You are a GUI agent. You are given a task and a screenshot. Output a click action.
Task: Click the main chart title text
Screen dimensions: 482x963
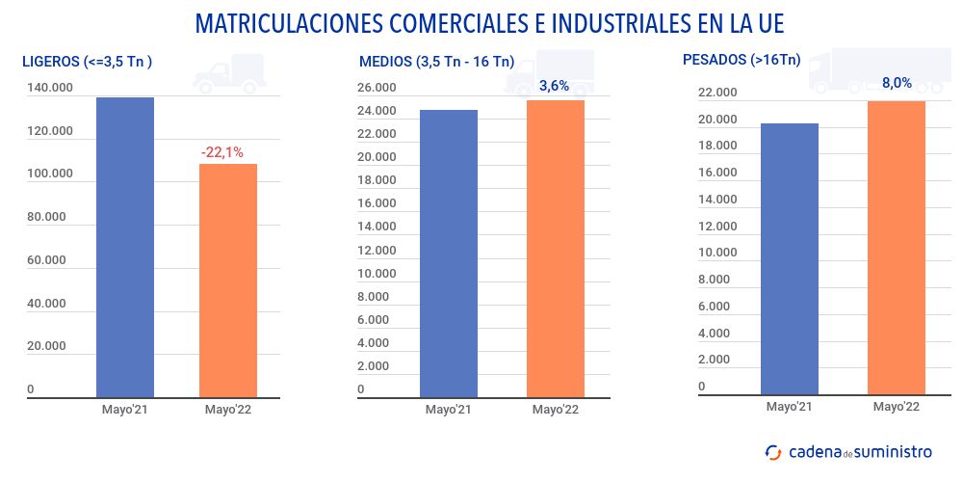tap(481, 23)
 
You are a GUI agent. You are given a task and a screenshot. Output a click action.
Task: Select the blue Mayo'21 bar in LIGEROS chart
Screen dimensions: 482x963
tap(125, 247)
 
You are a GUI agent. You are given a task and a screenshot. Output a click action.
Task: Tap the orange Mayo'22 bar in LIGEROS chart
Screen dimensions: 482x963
tap(228, 280)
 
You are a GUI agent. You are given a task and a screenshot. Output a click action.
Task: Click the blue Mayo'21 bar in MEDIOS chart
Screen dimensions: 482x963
tap(449, 253)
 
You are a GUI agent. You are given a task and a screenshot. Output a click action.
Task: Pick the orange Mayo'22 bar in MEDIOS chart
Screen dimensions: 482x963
tap(556, 248)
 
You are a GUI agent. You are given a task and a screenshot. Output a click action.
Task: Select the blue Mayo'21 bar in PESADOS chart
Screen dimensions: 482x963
tap(790, 258)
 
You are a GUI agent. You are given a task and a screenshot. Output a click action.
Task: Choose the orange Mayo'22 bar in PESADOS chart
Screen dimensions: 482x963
tap(897, 247)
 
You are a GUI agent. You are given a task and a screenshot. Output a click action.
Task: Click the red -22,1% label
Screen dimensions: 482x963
tap(222, 152)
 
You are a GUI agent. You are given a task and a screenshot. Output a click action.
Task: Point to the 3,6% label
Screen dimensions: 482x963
tap(554, 86)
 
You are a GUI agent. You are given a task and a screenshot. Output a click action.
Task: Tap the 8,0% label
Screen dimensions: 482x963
tap(897, 83)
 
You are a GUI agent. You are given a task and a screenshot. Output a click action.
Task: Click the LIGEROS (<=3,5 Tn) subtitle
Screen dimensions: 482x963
tap(88, 62)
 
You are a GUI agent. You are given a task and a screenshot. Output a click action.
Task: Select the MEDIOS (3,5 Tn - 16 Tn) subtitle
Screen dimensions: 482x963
tap(436, 62)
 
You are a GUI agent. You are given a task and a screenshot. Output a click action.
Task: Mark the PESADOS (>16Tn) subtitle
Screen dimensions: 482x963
tap(741, 60)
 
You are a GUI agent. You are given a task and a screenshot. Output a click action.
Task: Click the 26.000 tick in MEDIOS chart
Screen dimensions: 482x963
tap(377, 88)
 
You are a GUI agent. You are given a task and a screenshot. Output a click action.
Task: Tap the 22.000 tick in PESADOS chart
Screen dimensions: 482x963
tap(717, 93)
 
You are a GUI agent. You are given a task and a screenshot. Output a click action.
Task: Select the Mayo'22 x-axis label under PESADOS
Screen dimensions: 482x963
tap(897, 407)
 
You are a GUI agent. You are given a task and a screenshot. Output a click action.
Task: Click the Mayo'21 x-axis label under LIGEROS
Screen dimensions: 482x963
tap(125, 410)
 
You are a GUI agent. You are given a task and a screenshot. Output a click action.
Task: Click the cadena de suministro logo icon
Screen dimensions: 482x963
tap(773, 451)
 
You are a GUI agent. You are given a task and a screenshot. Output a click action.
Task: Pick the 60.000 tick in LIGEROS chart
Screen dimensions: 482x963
tap(46, 260)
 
